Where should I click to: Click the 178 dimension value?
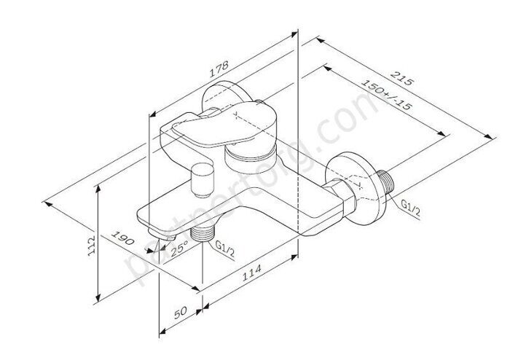point(216,71)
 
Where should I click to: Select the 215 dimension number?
point(404,78)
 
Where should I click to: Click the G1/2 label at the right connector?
point(410,208)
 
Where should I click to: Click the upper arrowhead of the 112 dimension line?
point(99,189)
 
